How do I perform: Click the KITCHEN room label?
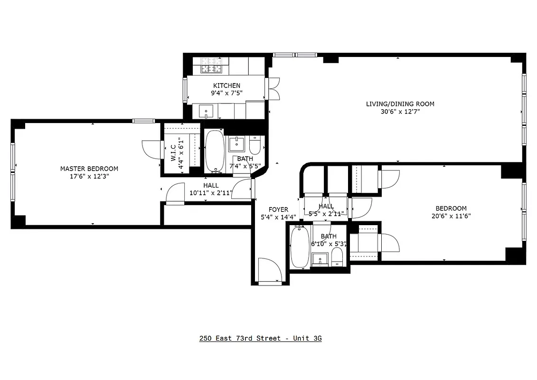(x=226, y=85)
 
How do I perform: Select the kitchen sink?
(x=207, y=112)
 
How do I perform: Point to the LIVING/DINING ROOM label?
(x=400, y=104)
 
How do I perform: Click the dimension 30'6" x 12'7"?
(x=400, y=112)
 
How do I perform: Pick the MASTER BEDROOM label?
(x=89, y=169)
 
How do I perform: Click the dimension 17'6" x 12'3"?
(x=89, y=177)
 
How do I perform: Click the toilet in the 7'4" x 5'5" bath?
(x=255, y=143)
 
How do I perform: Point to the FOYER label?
(x=278, y=209)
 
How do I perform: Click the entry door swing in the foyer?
(x=270, y=271)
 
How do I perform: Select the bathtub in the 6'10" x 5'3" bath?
(x=299, y=247)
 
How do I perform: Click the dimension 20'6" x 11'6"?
(x=451, y=216)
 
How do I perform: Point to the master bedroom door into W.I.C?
(x=151, y=150)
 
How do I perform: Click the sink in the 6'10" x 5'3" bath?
(x=320, y=260)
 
